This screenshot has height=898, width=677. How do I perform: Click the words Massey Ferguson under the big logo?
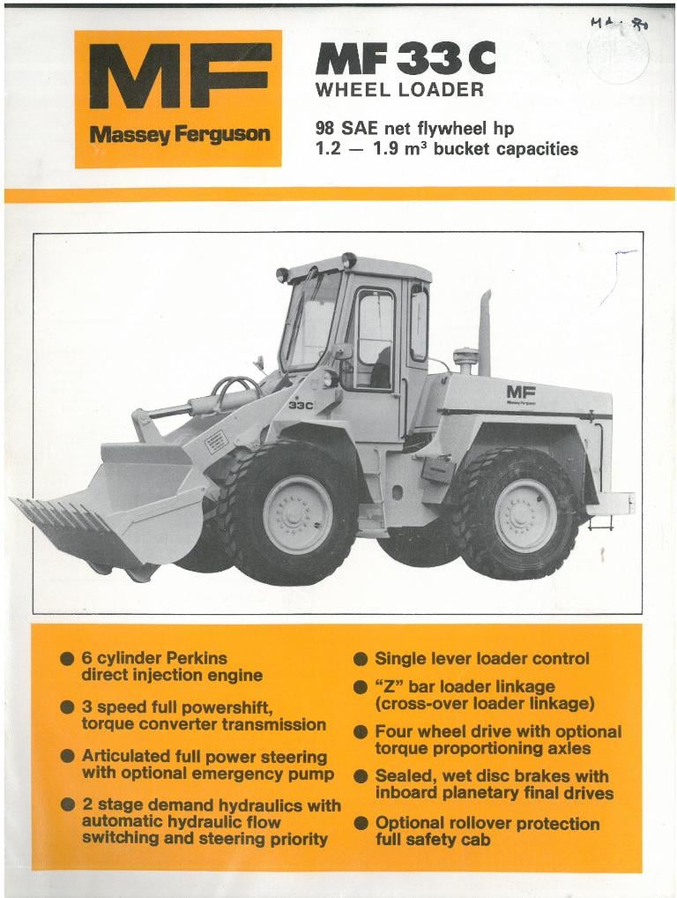(179, 135)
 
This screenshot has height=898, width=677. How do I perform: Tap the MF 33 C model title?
(405, 59)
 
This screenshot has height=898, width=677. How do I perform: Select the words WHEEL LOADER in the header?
(399, 90)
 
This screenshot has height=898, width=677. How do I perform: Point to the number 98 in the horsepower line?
(326, 128)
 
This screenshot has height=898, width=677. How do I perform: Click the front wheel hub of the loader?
(297, 514)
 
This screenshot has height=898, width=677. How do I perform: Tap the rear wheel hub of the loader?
(525, 515)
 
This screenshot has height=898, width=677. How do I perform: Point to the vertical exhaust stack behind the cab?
(485, 333)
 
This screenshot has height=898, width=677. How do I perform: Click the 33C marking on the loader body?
(301, 405)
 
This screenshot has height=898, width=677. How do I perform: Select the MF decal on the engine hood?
(521, 393)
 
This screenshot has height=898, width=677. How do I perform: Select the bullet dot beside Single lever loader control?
(360, 659)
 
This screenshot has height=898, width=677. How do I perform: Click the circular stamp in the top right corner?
(618, 54)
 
